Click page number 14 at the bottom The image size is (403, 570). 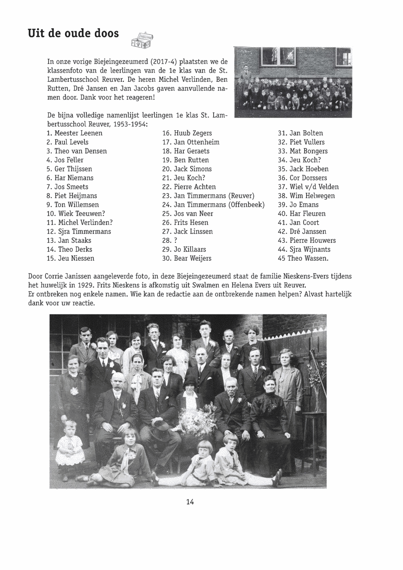point(190,502)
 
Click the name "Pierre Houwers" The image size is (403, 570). point(312,240)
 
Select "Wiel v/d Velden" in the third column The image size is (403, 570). point(314,187)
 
